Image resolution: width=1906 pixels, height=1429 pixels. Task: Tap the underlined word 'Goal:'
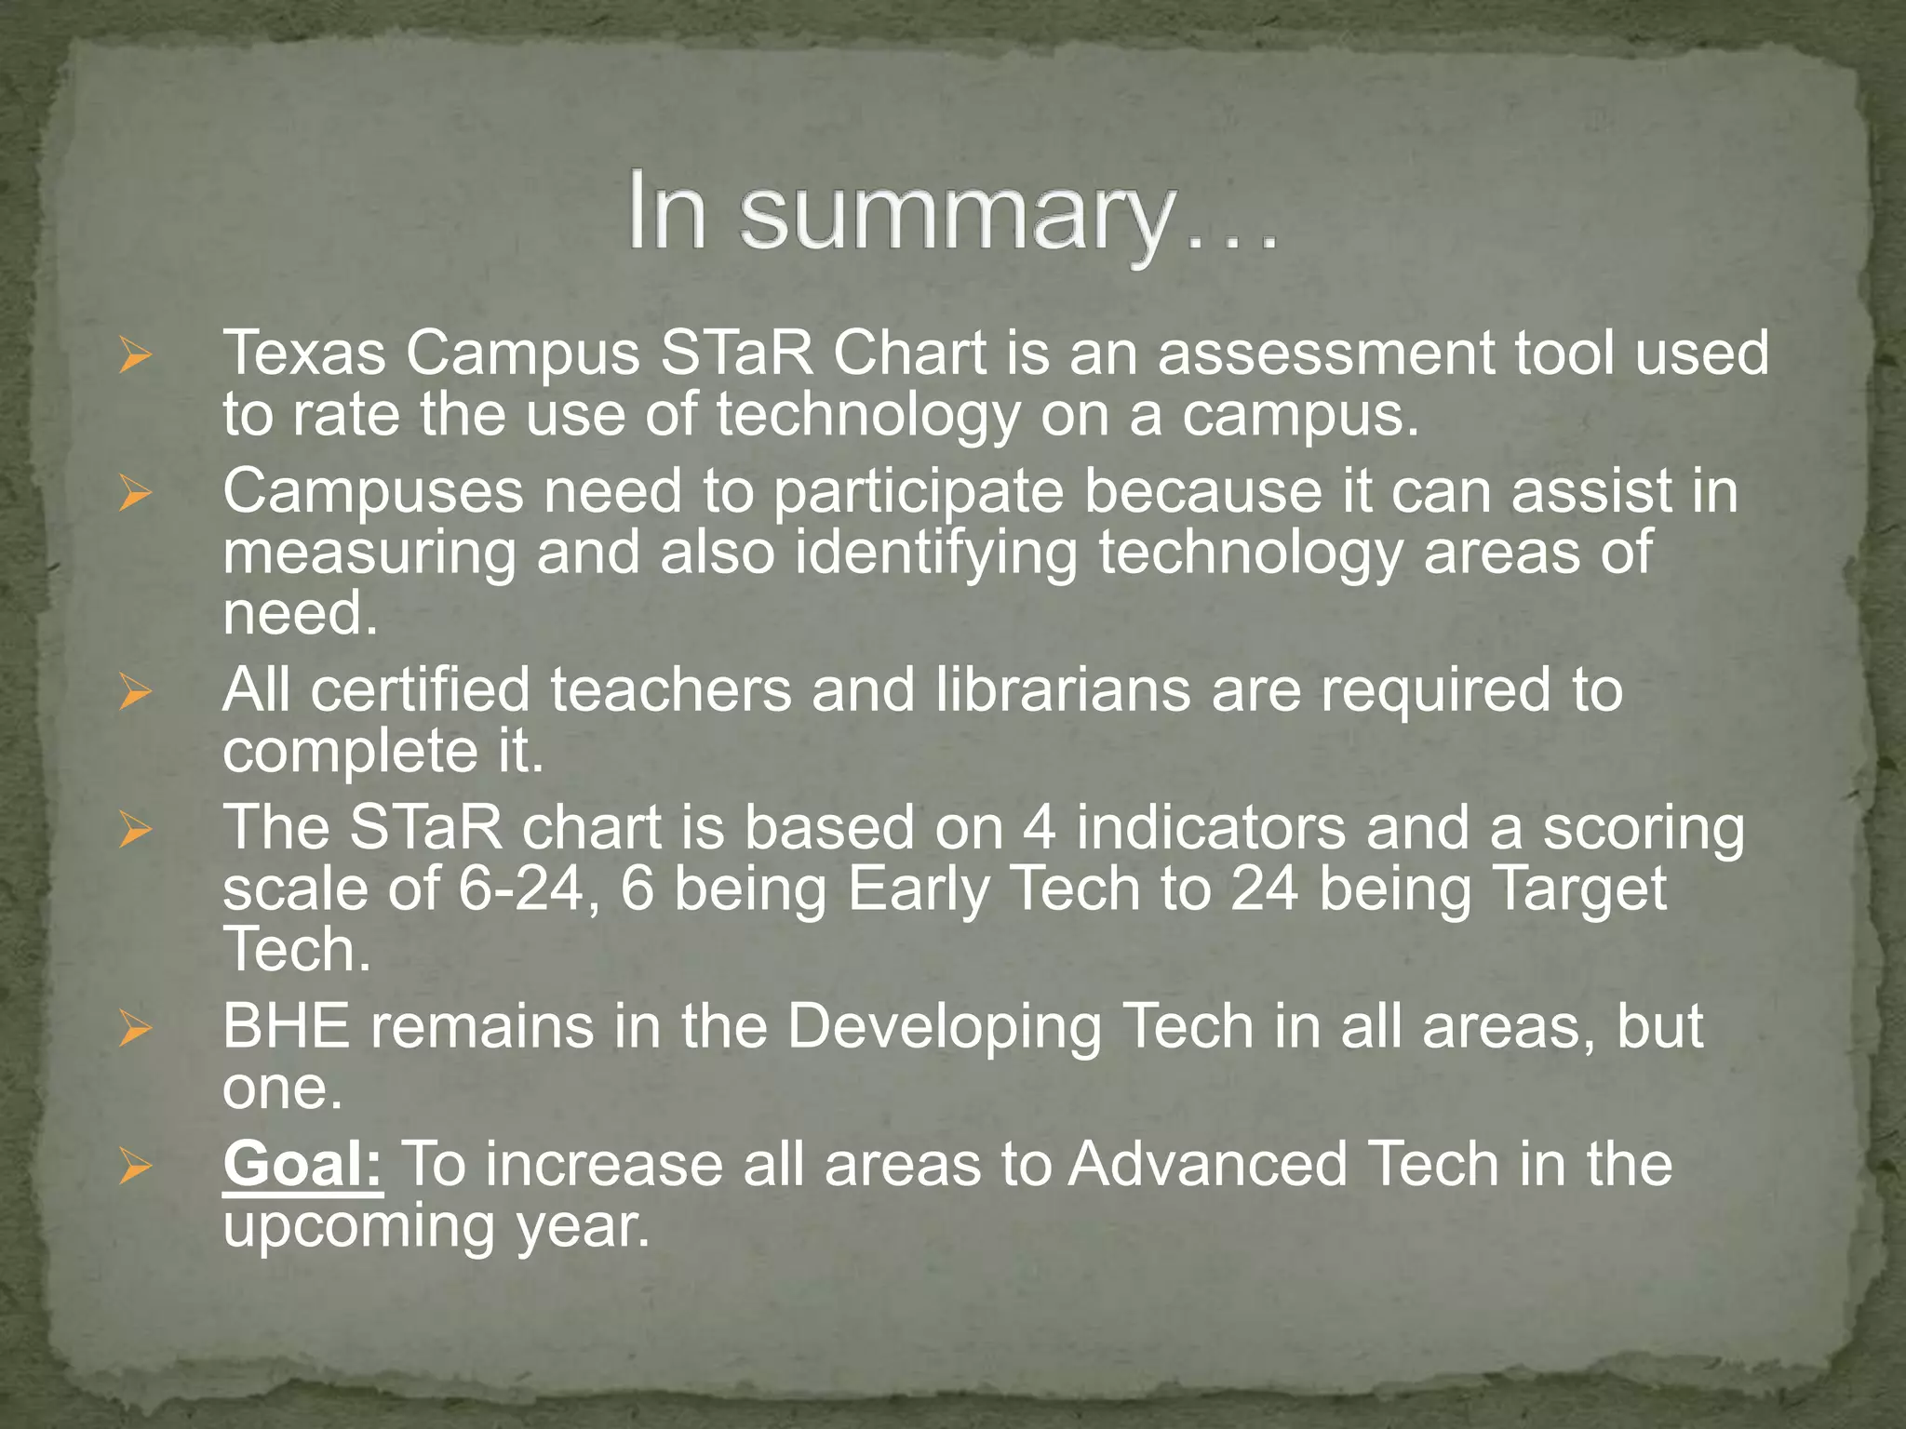(302, 1164)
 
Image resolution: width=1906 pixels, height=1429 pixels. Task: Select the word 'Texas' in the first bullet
(304, 354)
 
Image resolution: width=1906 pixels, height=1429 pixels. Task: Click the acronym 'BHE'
(287, 1026)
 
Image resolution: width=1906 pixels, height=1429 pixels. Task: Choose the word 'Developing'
(944, 1028)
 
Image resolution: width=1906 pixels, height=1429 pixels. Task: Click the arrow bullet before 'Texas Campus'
(135, 355)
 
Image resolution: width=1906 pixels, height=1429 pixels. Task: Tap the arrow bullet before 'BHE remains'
(135, 1029)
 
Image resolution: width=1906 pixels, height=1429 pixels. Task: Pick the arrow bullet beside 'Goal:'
(135, 1167)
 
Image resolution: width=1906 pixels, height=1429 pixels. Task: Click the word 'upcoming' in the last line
(358, 1227)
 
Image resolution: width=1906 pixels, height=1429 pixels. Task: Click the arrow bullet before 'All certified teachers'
(135, 692)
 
